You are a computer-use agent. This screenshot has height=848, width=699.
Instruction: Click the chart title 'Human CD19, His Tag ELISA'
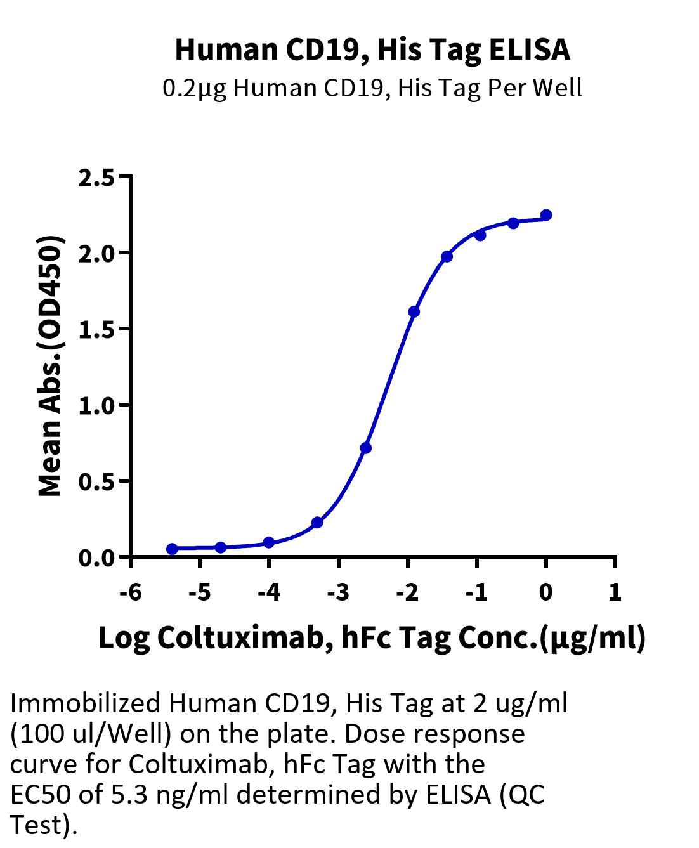point(372,50)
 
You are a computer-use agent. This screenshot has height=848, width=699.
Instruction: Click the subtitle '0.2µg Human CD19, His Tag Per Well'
point(372,88)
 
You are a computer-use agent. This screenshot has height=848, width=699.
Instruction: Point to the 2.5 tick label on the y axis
point(96,178)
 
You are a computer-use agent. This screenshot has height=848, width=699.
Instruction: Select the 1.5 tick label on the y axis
point(96,330)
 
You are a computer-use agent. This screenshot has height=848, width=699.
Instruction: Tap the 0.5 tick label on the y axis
point(96,482)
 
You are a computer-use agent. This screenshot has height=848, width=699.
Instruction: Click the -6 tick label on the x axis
point(130,592)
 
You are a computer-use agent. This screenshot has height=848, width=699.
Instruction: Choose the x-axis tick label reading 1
point(615,592)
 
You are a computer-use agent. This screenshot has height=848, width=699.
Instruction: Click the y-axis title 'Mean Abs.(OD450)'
point(51,367)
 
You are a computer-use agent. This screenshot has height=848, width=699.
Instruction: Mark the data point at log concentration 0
point(546,215)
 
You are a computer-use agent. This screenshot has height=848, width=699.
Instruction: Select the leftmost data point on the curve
point(172,549)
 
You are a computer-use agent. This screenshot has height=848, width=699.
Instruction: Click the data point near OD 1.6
point(414,311)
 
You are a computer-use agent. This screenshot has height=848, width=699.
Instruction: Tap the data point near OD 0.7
point(365,448)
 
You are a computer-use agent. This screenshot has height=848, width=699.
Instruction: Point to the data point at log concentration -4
point(269,542)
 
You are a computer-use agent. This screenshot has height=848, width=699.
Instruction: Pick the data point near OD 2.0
point(447,256)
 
